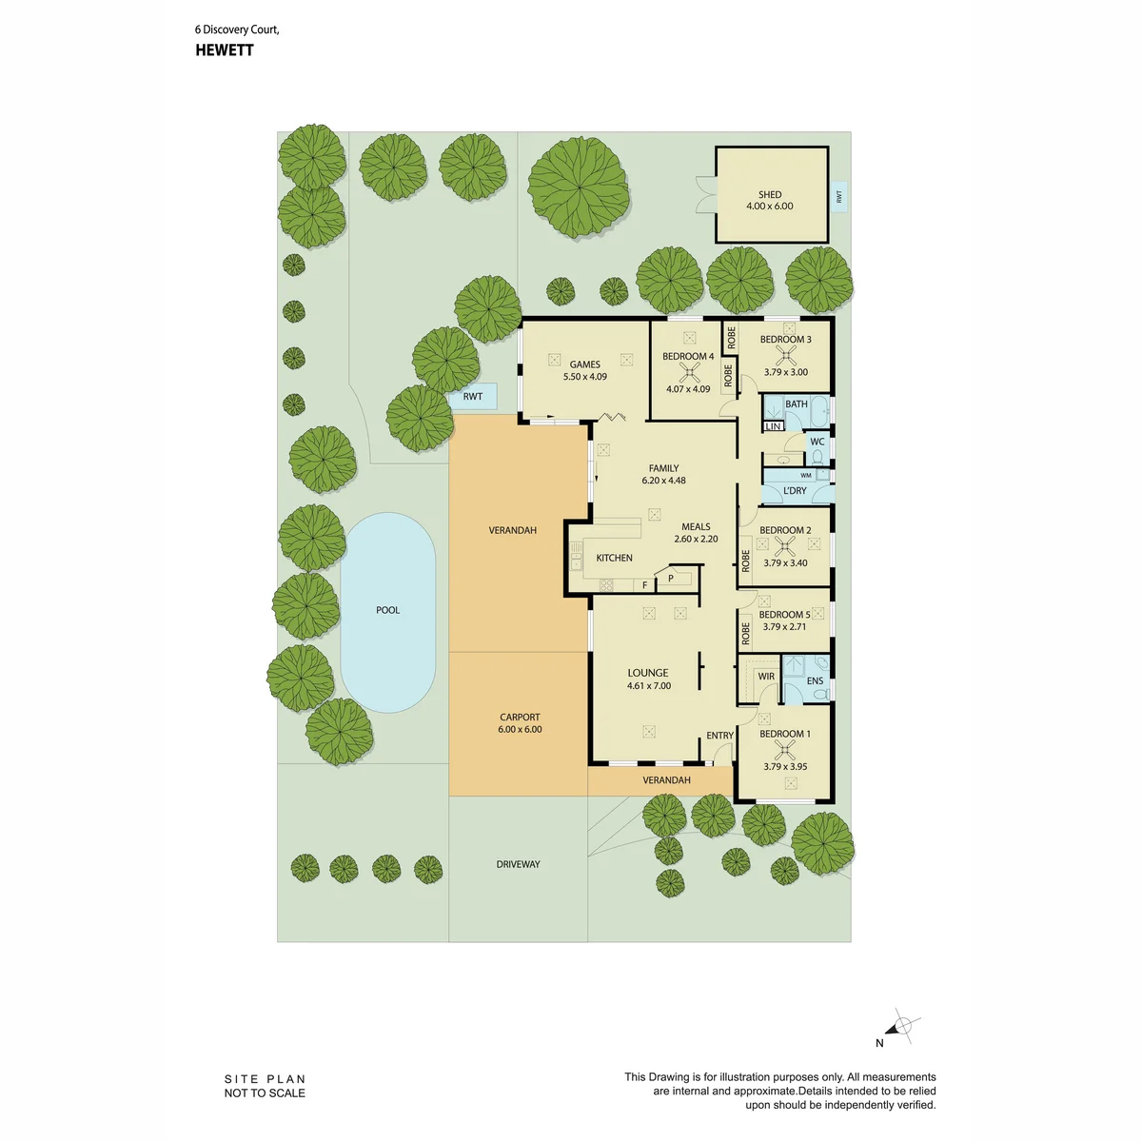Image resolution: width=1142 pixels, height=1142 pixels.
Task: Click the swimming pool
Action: [387, 612]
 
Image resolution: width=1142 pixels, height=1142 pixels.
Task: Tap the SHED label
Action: [770, 194]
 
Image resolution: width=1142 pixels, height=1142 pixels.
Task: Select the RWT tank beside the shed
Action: [839, 197]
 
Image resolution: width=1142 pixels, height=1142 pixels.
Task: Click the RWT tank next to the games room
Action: [472, 397]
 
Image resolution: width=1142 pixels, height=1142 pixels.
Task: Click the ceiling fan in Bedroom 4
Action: [689, 373]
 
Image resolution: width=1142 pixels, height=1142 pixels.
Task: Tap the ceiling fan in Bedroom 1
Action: [784, 750]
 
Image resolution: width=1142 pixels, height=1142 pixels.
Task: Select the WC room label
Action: [817, 442]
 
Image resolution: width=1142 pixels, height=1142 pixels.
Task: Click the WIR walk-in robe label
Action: [766, 677]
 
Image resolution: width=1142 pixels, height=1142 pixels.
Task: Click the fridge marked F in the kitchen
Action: [645, 585]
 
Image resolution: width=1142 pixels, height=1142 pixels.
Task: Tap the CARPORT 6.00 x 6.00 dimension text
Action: [520, 730]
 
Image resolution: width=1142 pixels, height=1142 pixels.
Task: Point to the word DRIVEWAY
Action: [518, 865]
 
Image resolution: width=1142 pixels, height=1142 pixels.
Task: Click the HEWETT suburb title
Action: [225, 50]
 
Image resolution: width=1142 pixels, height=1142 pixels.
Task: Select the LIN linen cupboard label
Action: [773, 426]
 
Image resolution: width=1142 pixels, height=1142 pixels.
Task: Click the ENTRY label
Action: [720, 736]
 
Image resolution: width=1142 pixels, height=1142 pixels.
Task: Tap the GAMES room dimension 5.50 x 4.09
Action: [585, 376]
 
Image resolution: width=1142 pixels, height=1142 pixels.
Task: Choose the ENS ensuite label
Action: [815, 681]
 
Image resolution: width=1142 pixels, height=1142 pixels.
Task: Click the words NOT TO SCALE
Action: [265, 1093]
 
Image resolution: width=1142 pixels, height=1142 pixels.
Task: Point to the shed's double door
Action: [706, 194]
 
